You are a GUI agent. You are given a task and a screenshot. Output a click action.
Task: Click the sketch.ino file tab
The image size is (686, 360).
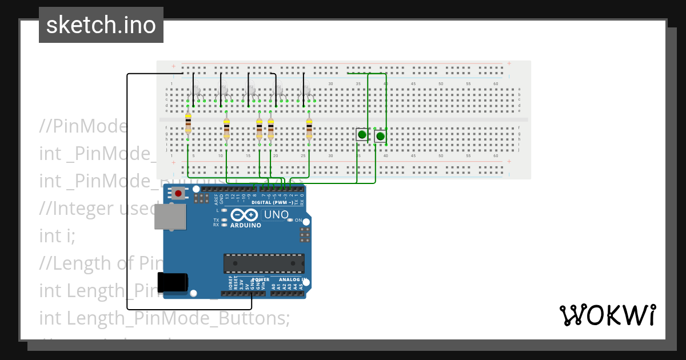[x=101, y=25]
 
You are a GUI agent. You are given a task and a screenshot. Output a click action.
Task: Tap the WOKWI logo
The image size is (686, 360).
[x=607, y=315]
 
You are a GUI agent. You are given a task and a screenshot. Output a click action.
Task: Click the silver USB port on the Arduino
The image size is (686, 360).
[x=170, y=217]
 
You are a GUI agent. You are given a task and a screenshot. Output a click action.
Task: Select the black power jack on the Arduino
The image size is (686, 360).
[x=173, y=282]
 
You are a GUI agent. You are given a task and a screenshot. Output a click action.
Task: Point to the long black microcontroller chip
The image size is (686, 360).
[x=264, y=263]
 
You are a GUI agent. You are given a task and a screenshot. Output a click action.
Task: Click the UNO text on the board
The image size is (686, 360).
[x=275, y=215]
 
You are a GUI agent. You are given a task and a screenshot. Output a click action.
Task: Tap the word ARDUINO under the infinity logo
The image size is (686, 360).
[x=245, y=225]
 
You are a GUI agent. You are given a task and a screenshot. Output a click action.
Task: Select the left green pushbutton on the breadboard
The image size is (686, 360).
[x=362, y=135]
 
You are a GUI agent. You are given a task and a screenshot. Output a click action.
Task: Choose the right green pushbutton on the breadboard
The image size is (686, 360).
[x=380, y=136]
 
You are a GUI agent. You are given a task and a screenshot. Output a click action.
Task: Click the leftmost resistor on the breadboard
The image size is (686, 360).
[x=188, y=127]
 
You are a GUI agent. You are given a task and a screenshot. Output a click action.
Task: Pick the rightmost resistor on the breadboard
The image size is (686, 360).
[x=309, y=129]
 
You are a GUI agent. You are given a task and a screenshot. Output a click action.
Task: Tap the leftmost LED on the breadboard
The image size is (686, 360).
[x=196, y=90]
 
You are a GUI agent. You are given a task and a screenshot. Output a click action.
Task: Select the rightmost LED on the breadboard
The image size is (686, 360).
[x=306, y=90]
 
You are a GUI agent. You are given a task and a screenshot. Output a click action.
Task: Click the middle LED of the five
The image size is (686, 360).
[x=251, y=90]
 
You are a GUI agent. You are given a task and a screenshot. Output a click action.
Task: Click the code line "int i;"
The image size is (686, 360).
[x=57, y=235]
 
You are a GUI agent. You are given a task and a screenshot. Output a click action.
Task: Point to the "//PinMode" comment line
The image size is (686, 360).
[x=83, y=126]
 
